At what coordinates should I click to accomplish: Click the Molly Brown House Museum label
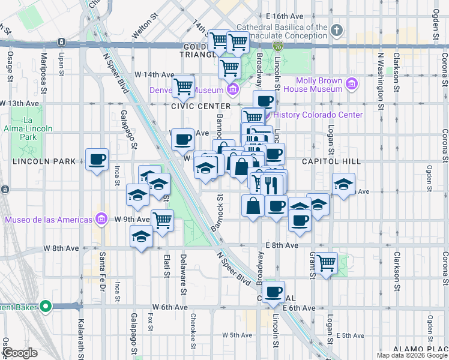pos(319,85)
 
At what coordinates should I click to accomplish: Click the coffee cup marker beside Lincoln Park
pos(97,160)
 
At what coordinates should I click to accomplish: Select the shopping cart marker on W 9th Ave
pos(162,220)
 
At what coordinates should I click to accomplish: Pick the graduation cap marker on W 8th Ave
pos(142,238)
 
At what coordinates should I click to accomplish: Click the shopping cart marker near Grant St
pos(327,263)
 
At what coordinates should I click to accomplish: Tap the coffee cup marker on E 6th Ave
pos(274,292)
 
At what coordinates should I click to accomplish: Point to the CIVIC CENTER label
pos(192,106)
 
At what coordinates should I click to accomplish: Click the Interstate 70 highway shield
pos(277,46)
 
